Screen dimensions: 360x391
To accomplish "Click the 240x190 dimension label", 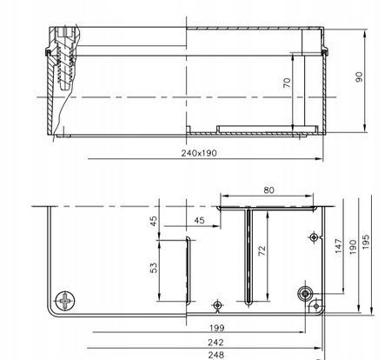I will tap(198, 154).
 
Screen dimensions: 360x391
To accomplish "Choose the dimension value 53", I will tap(155, 267).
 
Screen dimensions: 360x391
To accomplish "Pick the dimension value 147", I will tap(338, 246).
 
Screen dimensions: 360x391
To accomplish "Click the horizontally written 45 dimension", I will tap(200, 221).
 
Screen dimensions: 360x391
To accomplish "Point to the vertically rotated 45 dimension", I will tap(155, 221).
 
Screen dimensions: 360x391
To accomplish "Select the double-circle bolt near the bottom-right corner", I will tap(306, 293).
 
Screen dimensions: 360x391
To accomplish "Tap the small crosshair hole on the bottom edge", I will tap(217, 305).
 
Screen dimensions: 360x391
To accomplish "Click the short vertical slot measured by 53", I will tap(185, 269).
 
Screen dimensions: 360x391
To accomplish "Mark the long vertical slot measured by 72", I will tap(249, 257).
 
